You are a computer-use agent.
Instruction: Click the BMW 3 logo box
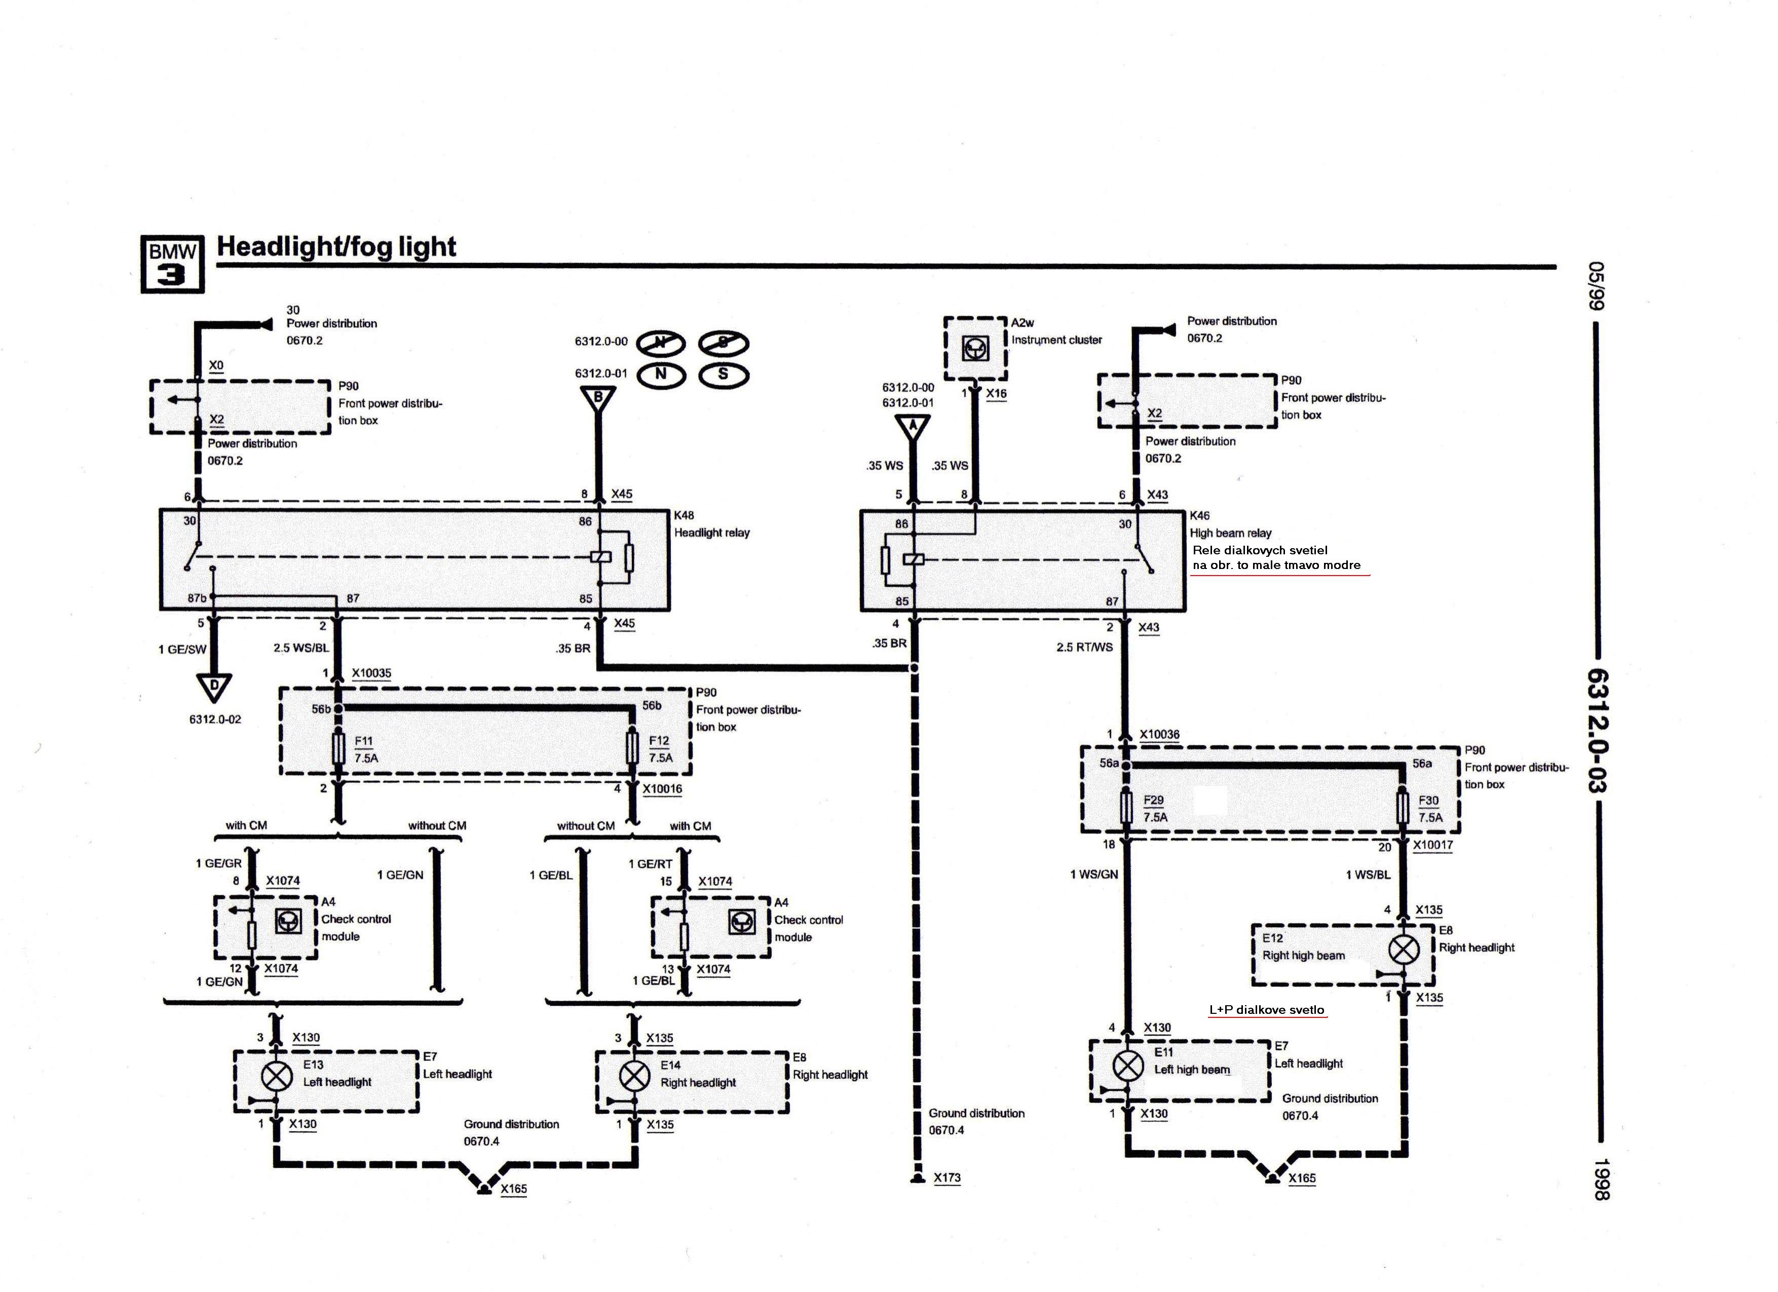pos(172,264)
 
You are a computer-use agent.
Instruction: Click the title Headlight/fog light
pos(336,246)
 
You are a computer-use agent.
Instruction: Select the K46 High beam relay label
pos(1230,524)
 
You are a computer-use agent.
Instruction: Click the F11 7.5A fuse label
pos(366,749)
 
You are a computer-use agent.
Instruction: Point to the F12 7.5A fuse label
pos(660,749)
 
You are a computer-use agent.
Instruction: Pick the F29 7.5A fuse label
pos(1155,808)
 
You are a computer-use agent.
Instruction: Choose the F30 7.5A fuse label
pos(1430,808)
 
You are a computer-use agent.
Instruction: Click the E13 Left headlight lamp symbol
pos(276,1076)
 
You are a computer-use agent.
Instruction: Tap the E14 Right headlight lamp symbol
pos(634,1076)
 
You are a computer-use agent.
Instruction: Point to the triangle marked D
pos(214,688)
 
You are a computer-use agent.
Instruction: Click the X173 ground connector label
pos(947,1177)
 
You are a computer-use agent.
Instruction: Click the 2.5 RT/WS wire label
pos(1084,647)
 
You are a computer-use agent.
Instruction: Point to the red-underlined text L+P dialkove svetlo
pos(1266,1010)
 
